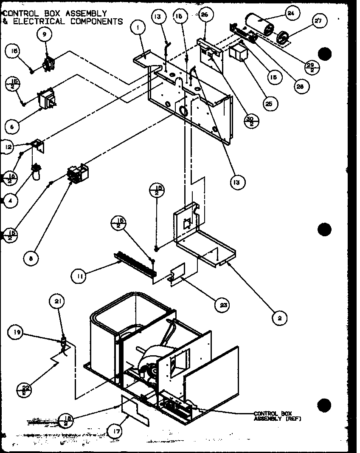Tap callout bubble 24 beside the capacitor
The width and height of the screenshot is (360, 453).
290,13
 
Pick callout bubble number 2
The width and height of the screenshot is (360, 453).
279,317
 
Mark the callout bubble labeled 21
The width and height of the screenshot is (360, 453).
58,302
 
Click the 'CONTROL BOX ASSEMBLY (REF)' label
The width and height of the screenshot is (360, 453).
272,416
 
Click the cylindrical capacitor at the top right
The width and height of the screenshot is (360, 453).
259,25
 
